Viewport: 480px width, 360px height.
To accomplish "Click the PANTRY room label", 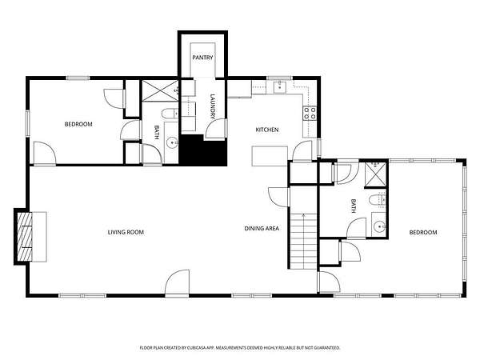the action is click(x=202, y=58).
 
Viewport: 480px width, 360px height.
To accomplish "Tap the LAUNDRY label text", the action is click(x=213, y=106).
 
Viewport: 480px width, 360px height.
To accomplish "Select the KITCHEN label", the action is click(x=267, y=130).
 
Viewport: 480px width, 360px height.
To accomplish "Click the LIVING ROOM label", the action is click(x=126, y=232).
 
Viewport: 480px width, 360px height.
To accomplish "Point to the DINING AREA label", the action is click(x=262, y=228).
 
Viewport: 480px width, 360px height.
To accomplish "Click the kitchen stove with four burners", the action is click(x=310, y=113).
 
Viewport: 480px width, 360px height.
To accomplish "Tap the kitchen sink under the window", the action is click(x=279, y=87).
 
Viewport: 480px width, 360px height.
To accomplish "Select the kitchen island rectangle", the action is click(x=270, y=156).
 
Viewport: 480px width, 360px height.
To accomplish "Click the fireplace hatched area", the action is click(x=25, y=237).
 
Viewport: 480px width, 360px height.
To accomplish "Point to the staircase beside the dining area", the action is click(x=303, y=241).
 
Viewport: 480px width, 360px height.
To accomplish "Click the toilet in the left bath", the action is click(x=170, y=114).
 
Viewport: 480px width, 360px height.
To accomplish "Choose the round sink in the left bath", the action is click(x=172, y=142).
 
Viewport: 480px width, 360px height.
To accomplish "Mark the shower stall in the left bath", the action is click(x=160, y=90).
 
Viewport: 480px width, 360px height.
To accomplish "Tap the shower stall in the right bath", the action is click(x=375, y=174).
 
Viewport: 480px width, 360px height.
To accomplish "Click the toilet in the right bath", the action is click(x=378, y=200).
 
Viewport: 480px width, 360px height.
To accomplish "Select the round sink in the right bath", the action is click(x=380, y=227).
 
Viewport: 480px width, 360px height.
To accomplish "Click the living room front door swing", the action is click(x=178, y=282).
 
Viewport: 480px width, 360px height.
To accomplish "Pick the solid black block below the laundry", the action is click(x=202, y=150).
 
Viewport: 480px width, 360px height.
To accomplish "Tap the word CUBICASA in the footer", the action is click(x=198, y=348).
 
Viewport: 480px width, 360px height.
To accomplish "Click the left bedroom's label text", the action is click(x=78, y=124).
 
